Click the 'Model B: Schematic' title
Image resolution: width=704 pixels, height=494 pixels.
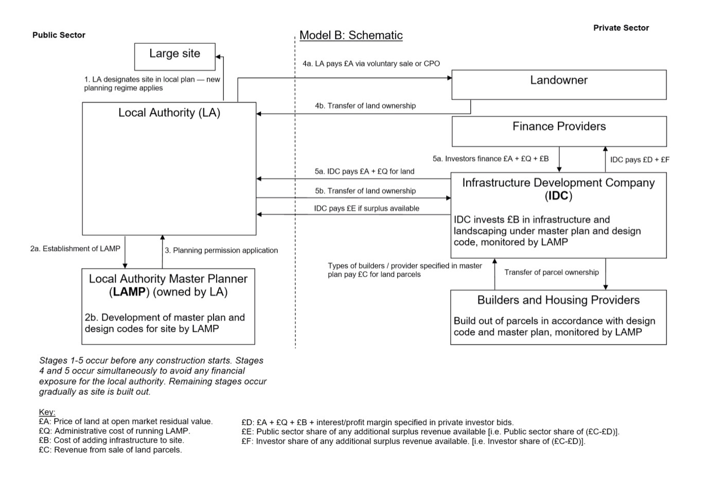(x=351, y=36)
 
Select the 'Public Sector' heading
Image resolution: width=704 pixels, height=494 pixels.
(x=59, y=35)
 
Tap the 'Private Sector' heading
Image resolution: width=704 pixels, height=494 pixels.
(x=621, y=28)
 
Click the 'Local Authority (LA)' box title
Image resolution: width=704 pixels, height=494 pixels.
(x=169, y=113)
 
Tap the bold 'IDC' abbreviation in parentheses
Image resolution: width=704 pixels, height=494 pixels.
(x=558, y=196)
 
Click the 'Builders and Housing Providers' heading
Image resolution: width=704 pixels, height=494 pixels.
(x=558, y=300)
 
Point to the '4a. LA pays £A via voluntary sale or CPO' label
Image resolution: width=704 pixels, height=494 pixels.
(x=371, y=64)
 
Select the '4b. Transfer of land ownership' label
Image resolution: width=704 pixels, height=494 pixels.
(x=365, y=106)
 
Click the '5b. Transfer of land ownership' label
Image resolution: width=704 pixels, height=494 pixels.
(x=365, y=191)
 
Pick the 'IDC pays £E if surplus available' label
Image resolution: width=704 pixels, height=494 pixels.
(x=366, y=208)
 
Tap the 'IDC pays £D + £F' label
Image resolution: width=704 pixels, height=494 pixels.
(x=640, y=160)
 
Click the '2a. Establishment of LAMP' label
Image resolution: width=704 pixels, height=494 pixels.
(x=75, y=249)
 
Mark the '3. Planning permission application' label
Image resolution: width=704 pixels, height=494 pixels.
(x=221, y=251)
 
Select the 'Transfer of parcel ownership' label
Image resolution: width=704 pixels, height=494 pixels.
(x=552, y=272)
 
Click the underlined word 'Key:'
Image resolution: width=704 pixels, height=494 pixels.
(x=47, y=412)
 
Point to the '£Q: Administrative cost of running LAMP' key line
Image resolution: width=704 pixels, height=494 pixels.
(x=114, y=431)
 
